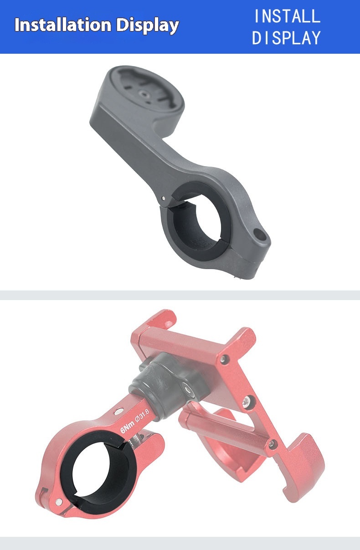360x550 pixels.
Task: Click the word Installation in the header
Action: coord(63,25)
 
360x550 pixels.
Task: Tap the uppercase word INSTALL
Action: coord(287,16)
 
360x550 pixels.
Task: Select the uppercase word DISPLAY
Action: coord(287,38)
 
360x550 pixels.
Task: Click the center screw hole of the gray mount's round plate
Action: coord(143,94)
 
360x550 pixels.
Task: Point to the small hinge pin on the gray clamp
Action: coord(163,198)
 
